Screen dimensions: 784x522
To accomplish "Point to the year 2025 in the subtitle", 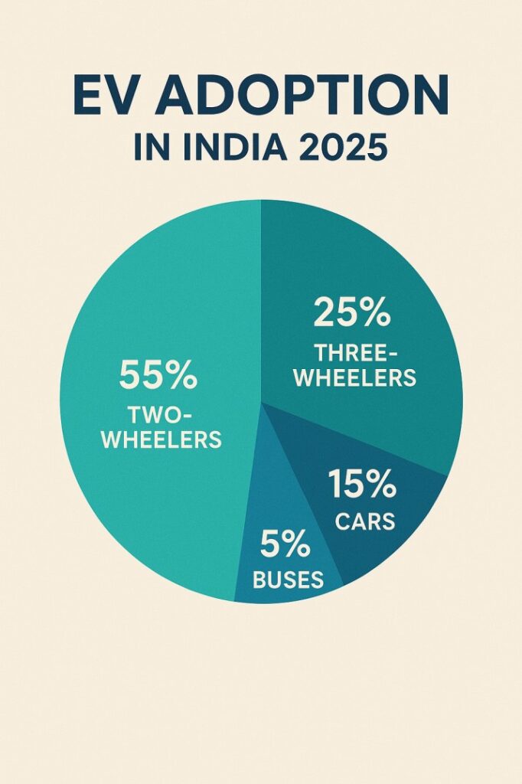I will pyautogui.click(x=344, y=148).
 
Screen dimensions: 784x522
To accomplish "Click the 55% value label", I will pyautogui.click(x=158, y=376).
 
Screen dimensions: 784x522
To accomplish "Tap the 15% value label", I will pyautogui.click(x=362, y=485).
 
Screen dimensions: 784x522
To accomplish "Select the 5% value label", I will pyautogui.click(x=285, y=545).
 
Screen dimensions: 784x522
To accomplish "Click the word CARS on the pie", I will pyautogui.click(x=365, y=521).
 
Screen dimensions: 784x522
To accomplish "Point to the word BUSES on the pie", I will pyautogui.click(x=288, y=580).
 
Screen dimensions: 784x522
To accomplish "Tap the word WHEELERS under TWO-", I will pyautogui.click(x=162, y=440).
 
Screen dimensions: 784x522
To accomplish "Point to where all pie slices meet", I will pyautogui.click(x=261, y=403).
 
